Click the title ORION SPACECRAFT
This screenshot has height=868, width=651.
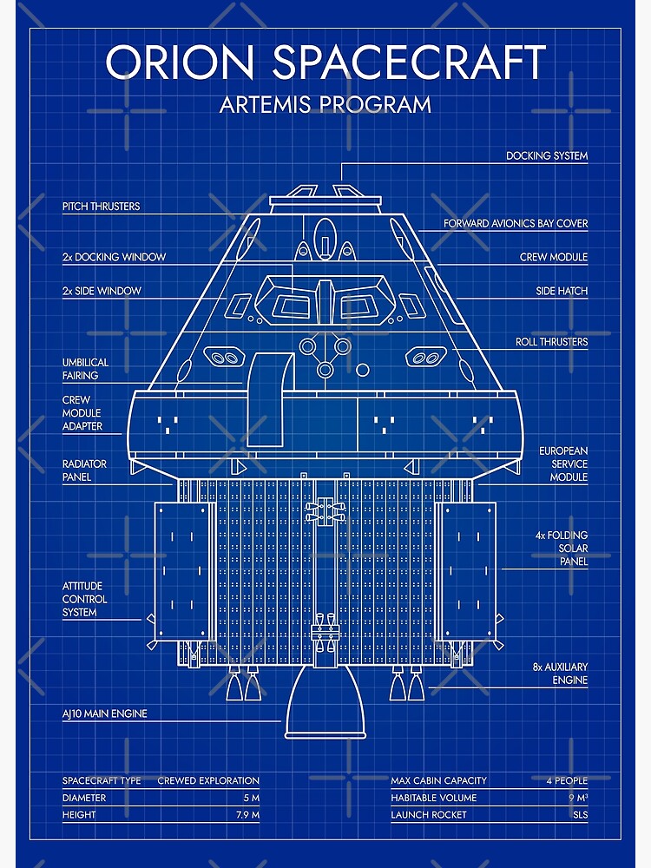coord(325,62)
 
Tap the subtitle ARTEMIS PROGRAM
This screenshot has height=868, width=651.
coord(325,105)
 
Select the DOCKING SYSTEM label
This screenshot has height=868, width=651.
coord(547,156)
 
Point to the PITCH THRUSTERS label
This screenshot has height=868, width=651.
coord(101,207)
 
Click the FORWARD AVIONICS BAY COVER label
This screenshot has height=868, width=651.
coord(516,224)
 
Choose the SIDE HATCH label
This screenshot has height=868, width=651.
coord(562,292)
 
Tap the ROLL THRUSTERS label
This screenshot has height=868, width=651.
coord(551,342)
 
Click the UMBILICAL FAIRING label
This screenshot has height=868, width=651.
coord(85,369)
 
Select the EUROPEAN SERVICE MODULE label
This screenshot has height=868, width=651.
coord(563,464)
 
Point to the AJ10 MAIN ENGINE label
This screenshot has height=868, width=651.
coord(104,713)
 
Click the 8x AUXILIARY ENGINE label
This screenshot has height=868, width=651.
coord(560,674)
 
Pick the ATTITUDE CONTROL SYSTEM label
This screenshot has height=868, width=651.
coord(85,599)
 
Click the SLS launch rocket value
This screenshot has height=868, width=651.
coord(578,815)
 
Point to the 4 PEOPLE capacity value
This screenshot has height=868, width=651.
coord(567,781)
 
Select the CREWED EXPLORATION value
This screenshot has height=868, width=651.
coord(208,781)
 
